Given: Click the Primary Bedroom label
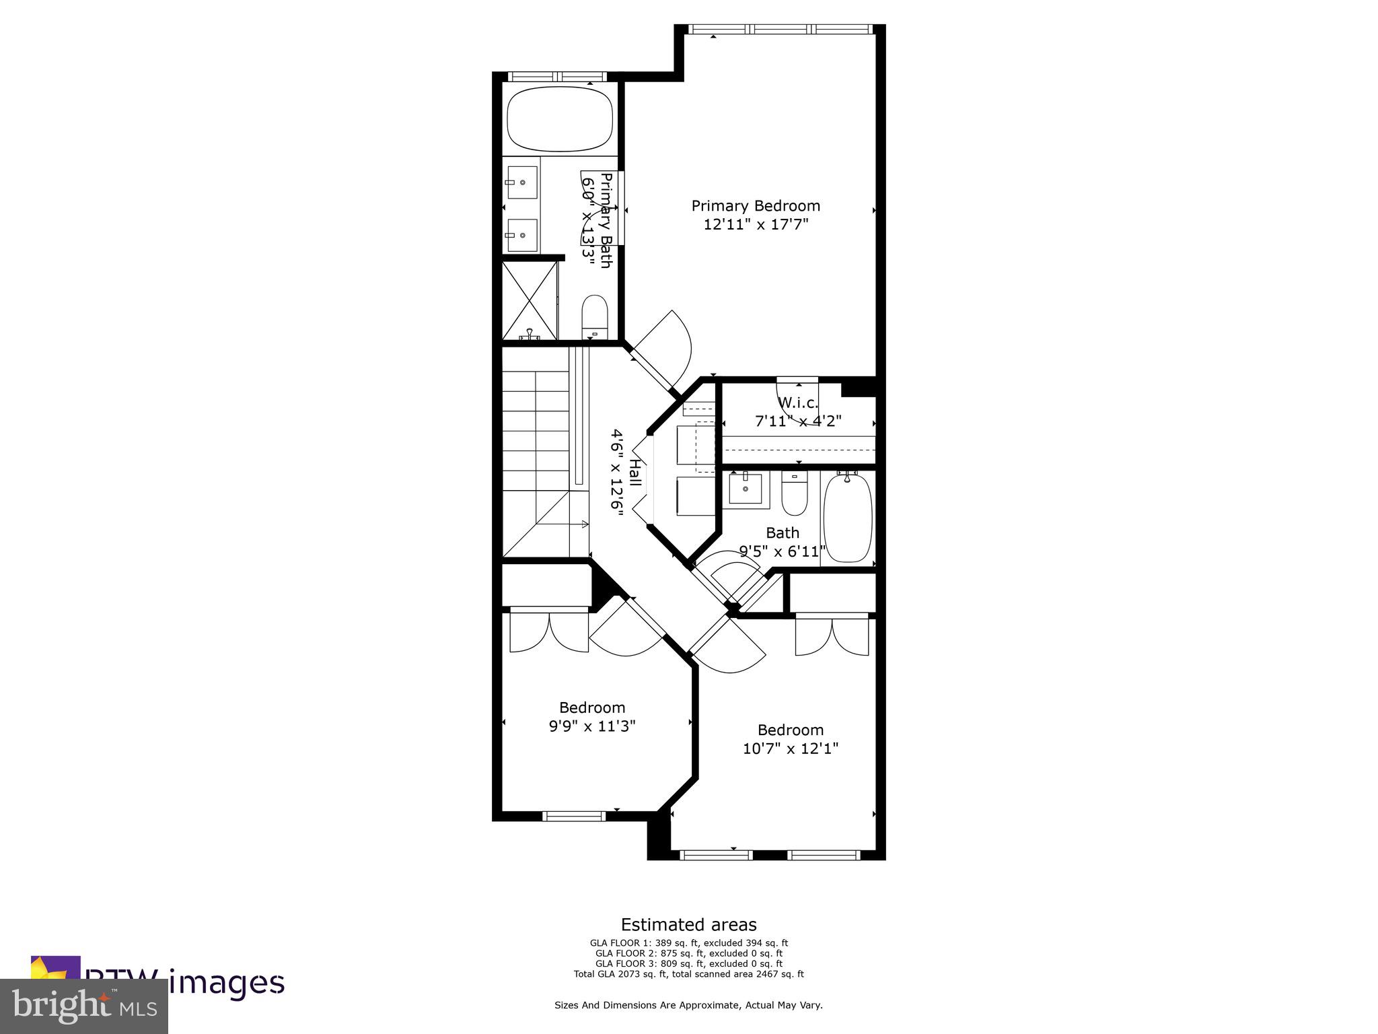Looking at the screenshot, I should click(756, 206).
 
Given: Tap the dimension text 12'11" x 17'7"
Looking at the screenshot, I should click(756, 225).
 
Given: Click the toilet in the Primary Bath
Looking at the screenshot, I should click(594, 317).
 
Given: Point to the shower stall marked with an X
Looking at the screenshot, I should click(530, 300).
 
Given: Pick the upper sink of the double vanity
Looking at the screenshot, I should click(522, 182).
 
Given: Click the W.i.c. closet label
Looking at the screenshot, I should click(798, 403).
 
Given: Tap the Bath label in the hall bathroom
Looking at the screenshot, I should click(783, 532).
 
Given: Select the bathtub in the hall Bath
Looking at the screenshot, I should click(848, 517).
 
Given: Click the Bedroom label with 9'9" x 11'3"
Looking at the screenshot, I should click(592, 708).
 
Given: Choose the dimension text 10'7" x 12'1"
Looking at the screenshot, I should click(791, 749).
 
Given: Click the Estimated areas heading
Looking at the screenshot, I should click(688, 924).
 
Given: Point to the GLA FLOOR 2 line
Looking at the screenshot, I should click(688, 953).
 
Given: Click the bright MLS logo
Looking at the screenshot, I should click(84, 1006).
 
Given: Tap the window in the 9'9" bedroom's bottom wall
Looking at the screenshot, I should click(574, 817).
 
